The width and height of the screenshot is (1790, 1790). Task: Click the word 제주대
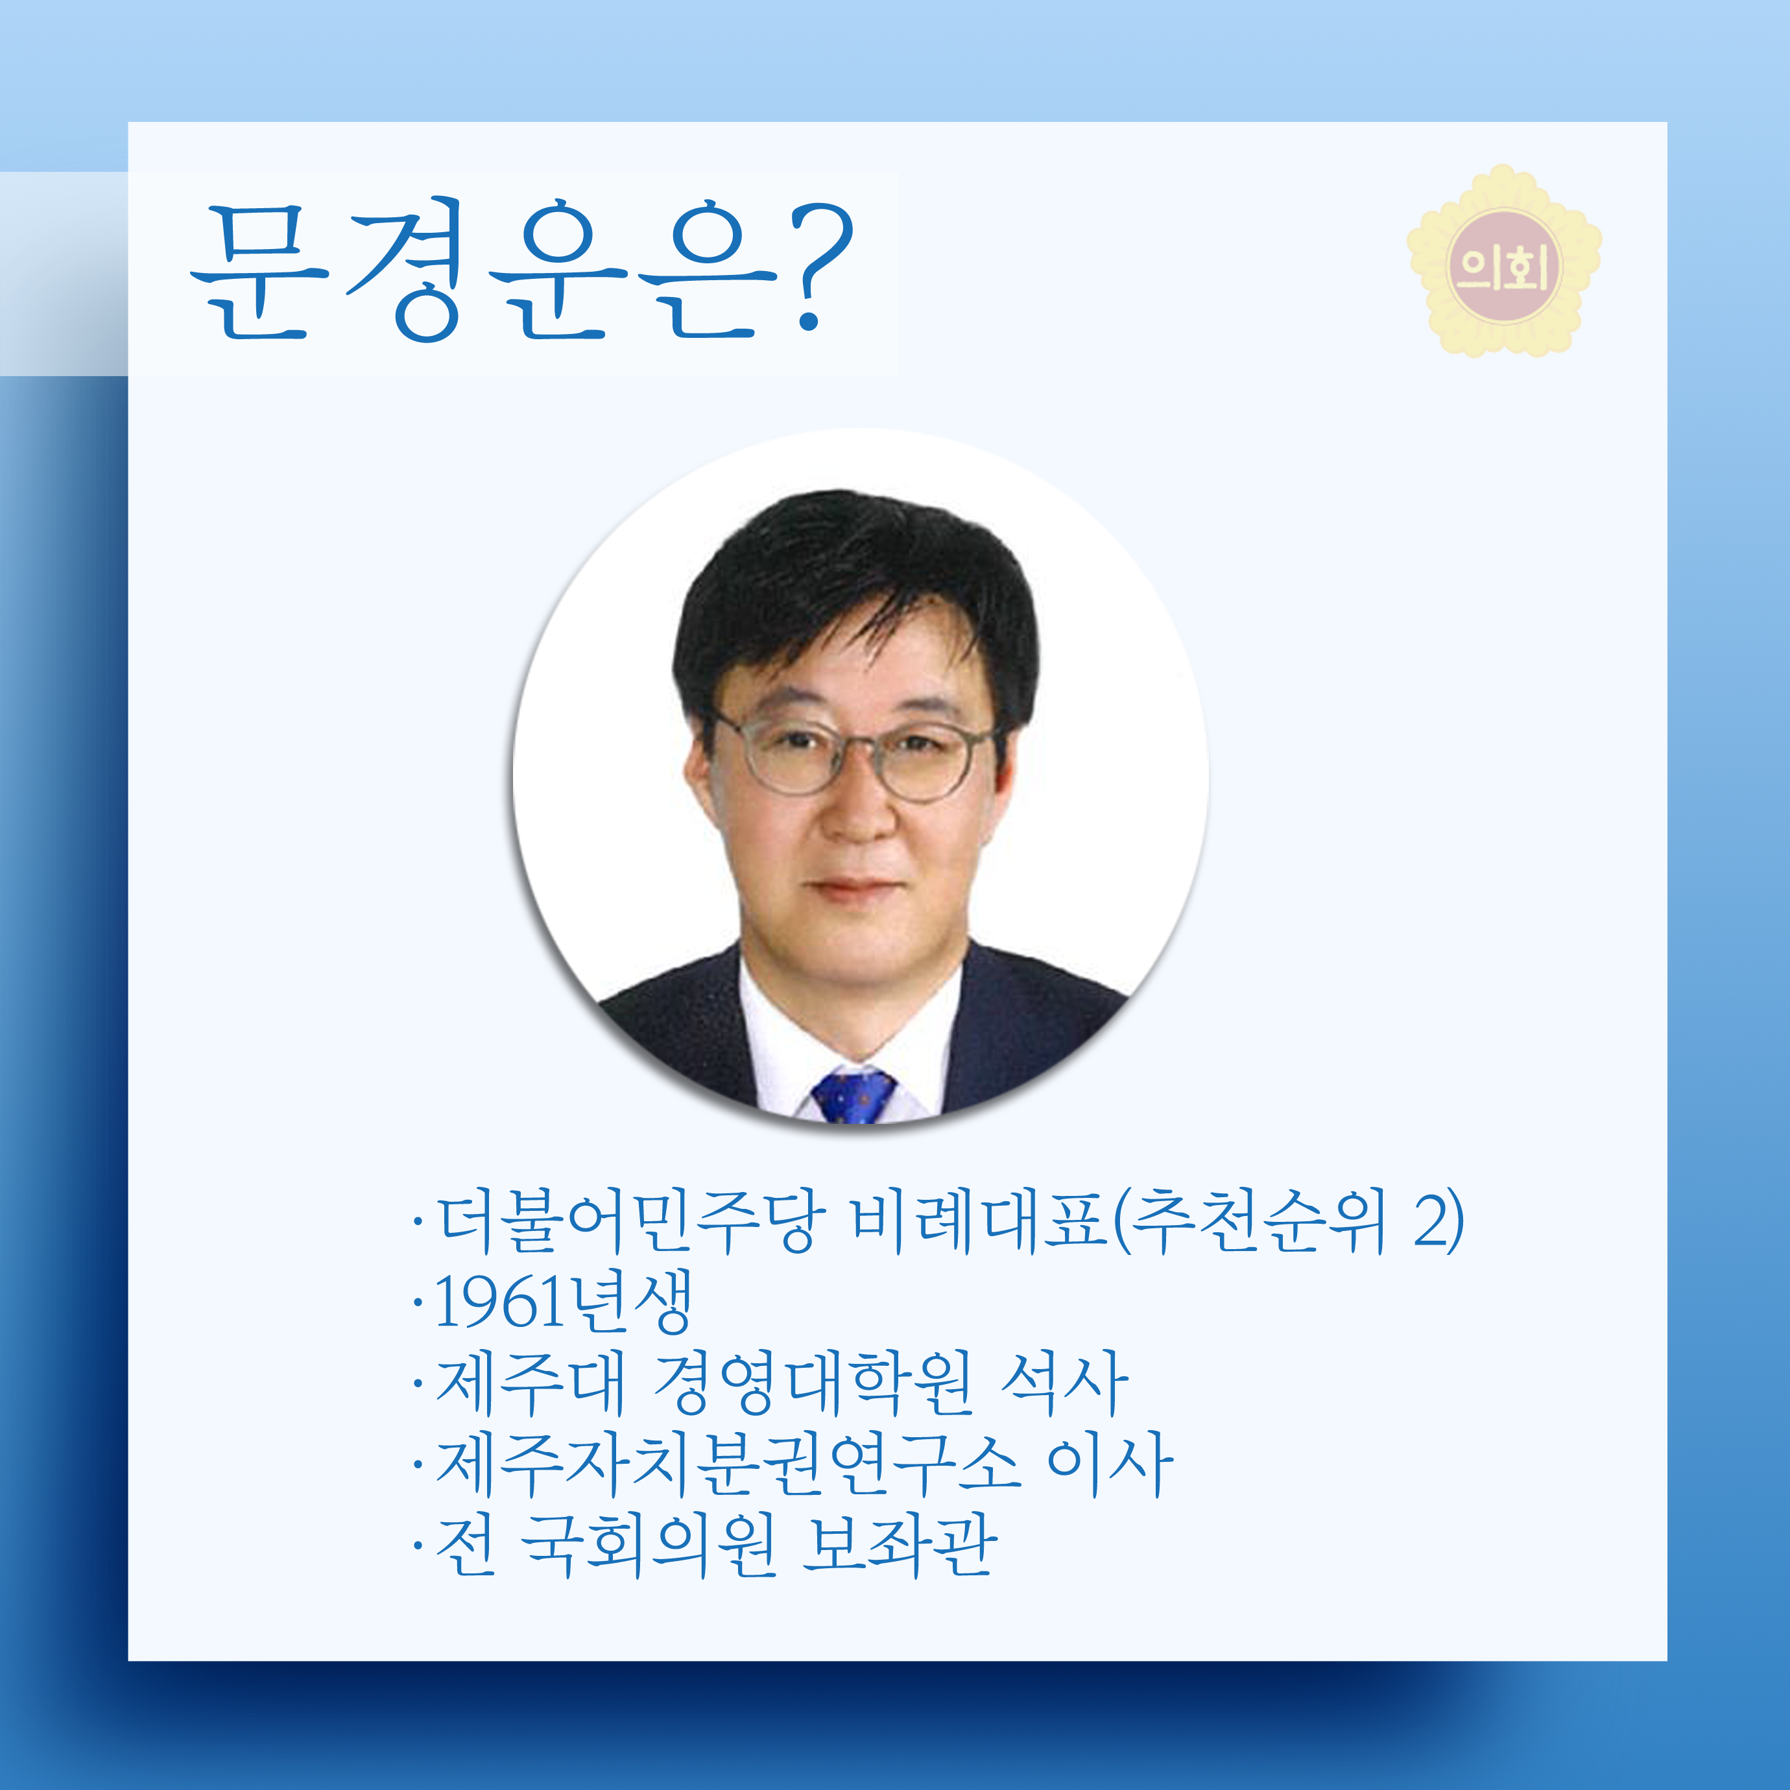click(x=531, y=1383)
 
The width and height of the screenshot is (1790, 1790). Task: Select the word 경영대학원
click(x=813, y=1383)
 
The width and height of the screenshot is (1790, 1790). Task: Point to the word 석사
click(x=1064, y=1383)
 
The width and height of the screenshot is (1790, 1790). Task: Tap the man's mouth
click(x=854, y=888)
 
